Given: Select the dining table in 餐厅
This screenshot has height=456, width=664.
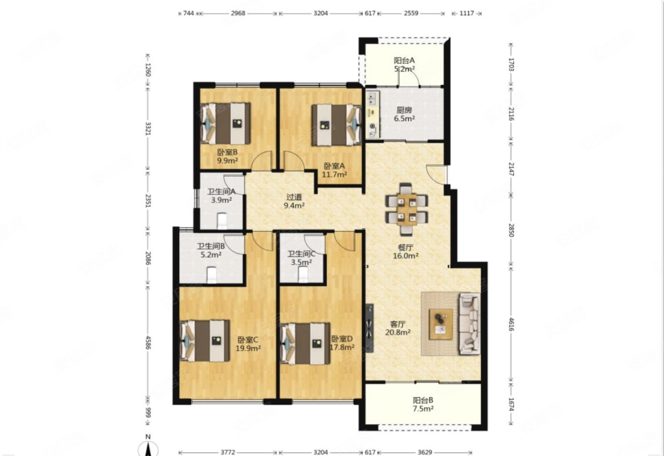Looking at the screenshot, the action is (x=406, y=209).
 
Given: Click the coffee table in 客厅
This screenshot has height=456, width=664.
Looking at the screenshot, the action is (x=441, y=324).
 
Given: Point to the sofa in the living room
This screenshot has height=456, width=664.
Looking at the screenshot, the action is (x=469, y=324).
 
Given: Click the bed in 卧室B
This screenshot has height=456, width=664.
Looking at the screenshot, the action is (x=225, y=123).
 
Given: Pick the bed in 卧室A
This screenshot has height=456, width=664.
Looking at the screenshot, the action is (x=336, y=125).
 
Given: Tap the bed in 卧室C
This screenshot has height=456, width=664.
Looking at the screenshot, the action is (x=204, y=341).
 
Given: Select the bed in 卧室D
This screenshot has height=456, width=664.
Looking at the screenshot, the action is (x=305, y=344).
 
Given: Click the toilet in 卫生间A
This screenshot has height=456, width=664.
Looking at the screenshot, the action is (x=222, y=221).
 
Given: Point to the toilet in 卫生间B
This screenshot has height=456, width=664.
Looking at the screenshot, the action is (x=212, y=275).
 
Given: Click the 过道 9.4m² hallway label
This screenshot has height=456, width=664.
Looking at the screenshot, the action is (x=294, y=201).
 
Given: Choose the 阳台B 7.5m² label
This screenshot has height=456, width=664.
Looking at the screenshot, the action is (x=423, y=404).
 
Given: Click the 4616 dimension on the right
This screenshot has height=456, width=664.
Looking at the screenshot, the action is (x=511, y=325).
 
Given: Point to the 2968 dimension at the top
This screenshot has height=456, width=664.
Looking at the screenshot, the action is (x=238, y=13).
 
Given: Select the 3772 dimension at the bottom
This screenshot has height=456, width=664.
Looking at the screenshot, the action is (x=228, y=452).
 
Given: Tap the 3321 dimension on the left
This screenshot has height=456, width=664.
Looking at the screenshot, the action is (x=148, y=129).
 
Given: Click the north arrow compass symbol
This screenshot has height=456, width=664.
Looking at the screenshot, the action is (x=148, y=447).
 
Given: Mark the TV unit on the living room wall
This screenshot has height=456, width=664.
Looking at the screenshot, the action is (x=370, y=328).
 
